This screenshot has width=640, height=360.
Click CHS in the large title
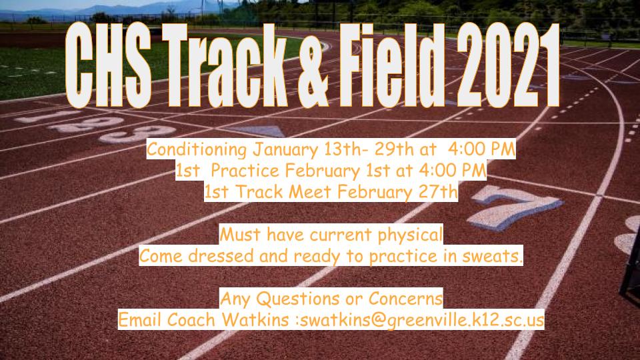108,66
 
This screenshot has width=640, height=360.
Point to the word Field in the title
392,66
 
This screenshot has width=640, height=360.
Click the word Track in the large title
225,66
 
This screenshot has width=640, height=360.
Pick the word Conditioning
196,150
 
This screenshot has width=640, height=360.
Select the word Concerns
405,299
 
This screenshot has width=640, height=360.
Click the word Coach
191,319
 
